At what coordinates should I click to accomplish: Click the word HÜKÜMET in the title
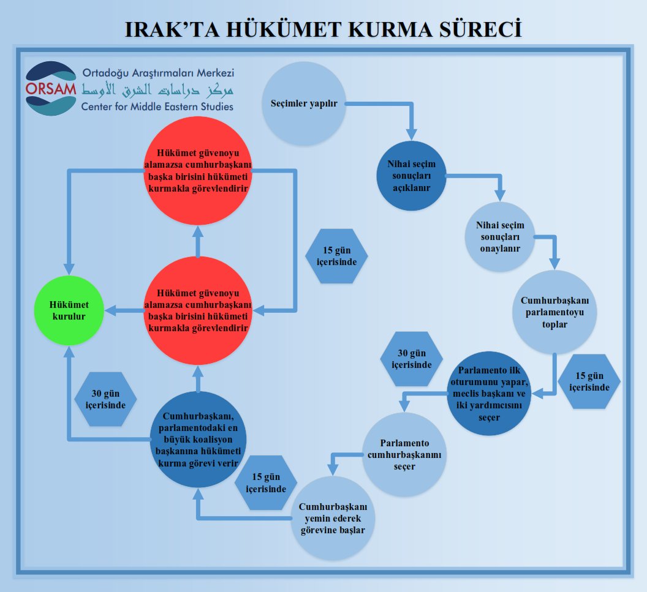pos(284,29)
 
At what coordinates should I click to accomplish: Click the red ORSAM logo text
pos(51,89)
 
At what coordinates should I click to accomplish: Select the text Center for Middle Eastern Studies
pos(157,107)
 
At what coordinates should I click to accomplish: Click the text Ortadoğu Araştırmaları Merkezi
pos(158,73)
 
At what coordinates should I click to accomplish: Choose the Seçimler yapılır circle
pos(304,103)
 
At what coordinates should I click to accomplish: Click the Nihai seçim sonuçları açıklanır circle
pos(411,176)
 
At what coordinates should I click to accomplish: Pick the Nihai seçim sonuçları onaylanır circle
pos(500,237)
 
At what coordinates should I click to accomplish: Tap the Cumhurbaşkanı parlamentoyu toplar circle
pos(554,312)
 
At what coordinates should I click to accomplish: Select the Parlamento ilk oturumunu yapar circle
pos(489,393)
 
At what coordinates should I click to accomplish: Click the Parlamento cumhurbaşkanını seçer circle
pos(404,454)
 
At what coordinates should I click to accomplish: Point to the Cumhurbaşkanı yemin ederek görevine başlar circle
pos(333,518)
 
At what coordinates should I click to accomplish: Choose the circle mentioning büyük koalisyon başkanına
pos(198,439)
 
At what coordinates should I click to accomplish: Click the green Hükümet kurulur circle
pos(69,310)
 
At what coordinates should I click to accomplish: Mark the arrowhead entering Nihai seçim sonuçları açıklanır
pos(411,135)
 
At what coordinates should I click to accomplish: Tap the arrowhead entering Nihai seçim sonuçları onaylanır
pos(500,195)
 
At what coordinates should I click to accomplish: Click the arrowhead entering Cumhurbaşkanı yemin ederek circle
pos(333,470)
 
